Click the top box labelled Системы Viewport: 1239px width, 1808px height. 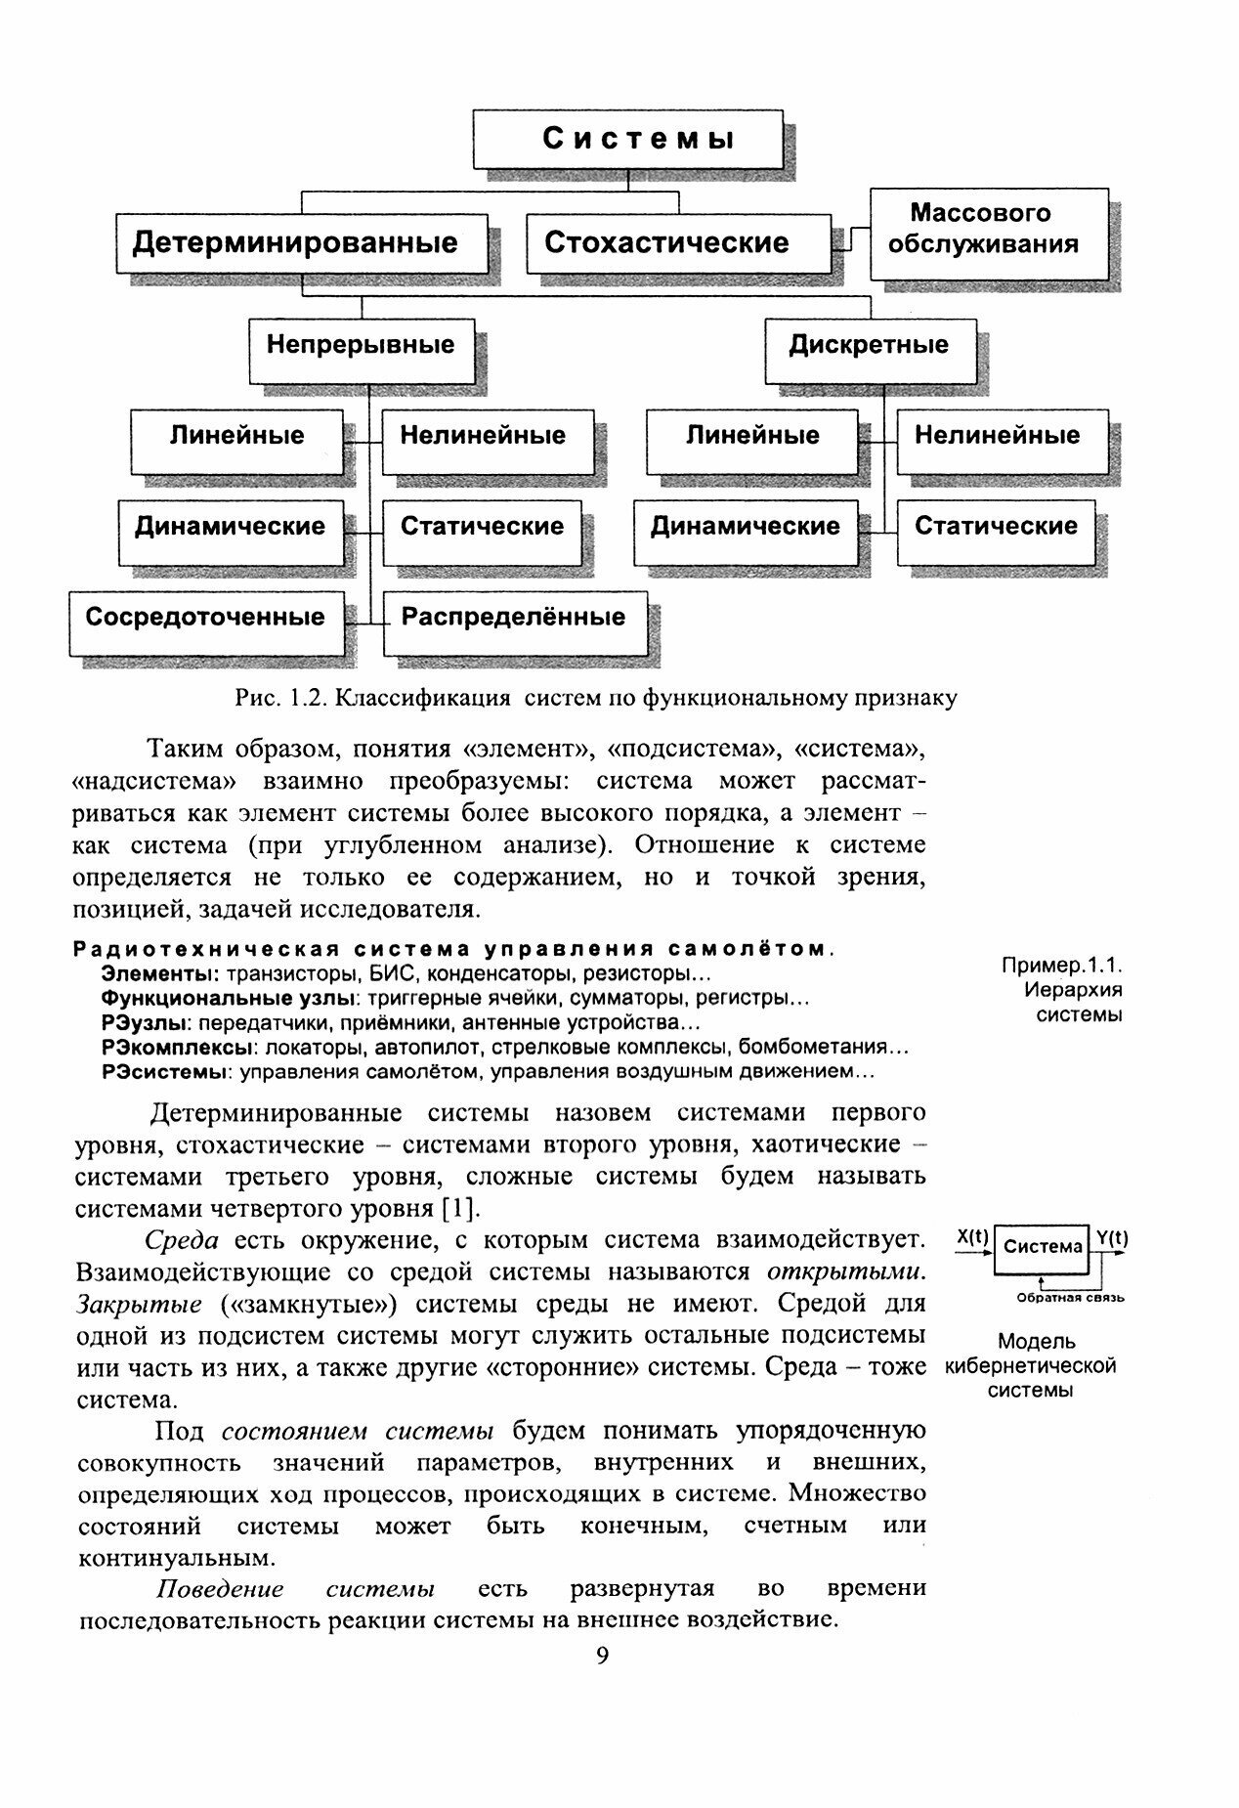pyautogui.click(x=627, y=139)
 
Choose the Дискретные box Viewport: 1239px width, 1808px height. pyautogui.click(x=869, y=346)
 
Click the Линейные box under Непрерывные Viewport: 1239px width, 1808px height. pyautogui.click(x=237, y=436)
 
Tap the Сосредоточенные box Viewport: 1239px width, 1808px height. pyautogui.click(x=206, y=618)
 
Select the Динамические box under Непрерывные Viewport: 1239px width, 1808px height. pyautogui.click(x=230, y=527)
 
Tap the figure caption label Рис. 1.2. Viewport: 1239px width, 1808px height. pyautogui.click(x=275, y=698)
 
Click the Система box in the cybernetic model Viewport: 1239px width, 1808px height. pyautogui.click(x=1043, y=1248)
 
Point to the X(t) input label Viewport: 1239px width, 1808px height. pyautogui.click(x=972, y=1237)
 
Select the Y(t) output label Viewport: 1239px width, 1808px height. pyautogui.click(x=1112, y=1238)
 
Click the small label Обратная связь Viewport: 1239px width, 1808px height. pyautogui.click(x=1070, y=1298)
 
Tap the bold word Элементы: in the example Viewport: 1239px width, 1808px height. pyautogui.click(x=159, y=974)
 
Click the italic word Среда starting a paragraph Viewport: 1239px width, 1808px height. pyautogui.click(x=181, y=1241)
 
